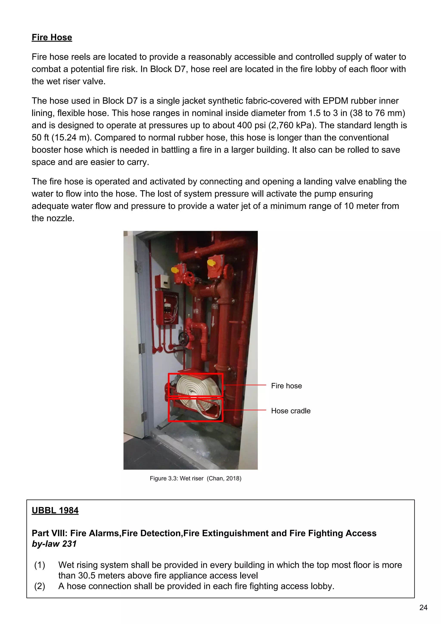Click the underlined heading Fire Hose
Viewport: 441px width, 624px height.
pyautogui.click(x=52, y=38)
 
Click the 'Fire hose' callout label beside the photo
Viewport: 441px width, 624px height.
pyautogui.click(x=286, y=386)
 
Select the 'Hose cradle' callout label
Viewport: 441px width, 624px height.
pyautogui.click(x=290, y=411)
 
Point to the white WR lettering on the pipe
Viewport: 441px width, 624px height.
pyautogui.click(x=196, y=311)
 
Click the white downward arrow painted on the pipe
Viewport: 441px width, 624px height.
pyautogui.click(x=213, y=322)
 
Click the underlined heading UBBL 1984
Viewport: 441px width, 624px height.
pyautogui.click(x=55, y=510)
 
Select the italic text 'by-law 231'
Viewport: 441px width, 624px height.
pyautogui.click(x=54, y=544)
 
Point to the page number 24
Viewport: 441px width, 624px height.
pyautogui.click(x=423, y=607)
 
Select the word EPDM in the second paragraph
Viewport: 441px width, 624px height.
pyautogui.click(x=335, y=101)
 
